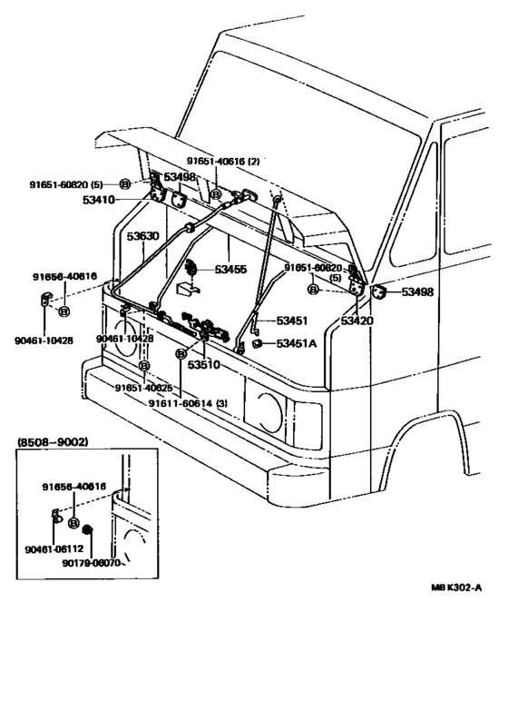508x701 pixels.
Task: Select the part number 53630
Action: (142, 236)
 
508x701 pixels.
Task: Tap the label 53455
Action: (234, 270)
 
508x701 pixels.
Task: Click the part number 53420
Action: (357, 321)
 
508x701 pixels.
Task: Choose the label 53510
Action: (205, 365)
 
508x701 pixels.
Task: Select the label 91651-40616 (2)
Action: (223, 161)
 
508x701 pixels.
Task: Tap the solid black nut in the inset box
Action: (88, 529)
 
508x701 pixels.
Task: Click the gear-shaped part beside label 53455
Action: (191, 269)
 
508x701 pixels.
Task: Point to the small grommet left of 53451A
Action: (257, 343)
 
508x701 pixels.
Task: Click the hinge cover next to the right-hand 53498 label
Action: (379, 291)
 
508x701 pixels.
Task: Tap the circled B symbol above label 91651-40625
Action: (144, 365)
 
